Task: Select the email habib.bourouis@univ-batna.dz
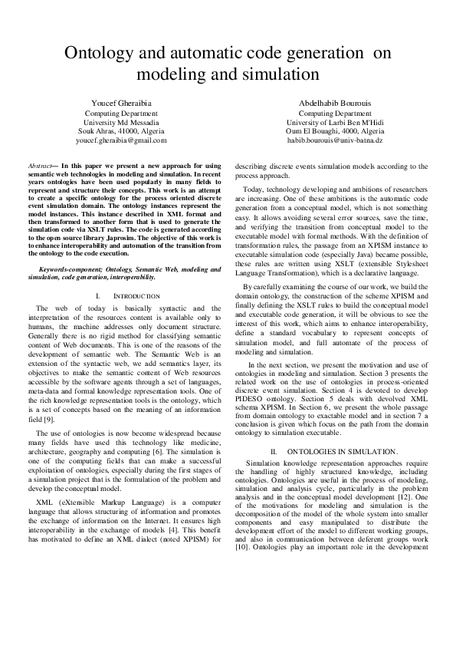point(334,141)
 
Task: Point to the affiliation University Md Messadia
point(121,122)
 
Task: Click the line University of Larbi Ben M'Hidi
point(334,122)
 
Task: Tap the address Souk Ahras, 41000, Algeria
point(121,131)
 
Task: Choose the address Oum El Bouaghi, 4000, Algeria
point(334,131)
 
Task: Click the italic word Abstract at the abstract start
point(40,166)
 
